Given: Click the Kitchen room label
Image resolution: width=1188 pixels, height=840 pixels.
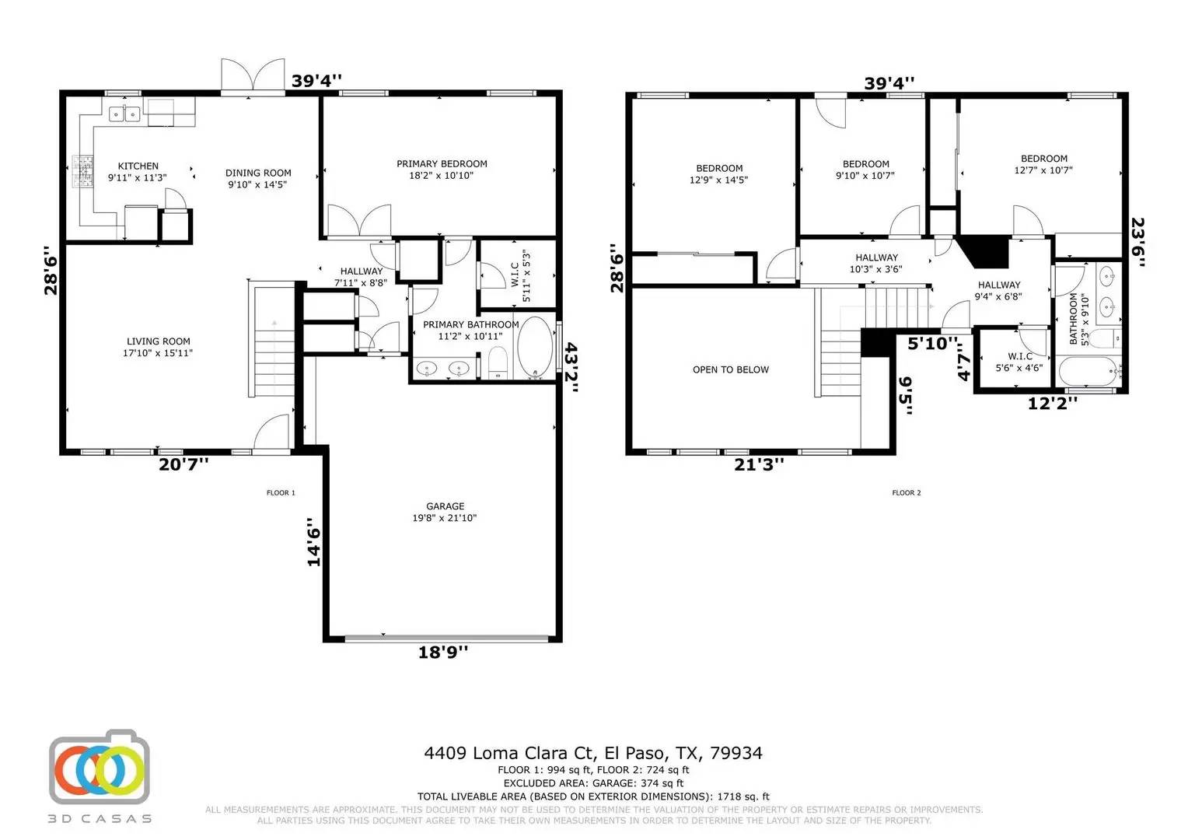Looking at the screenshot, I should (x=138, y=171).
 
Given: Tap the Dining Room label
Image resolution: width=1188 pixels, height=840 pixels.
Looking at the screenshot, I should (x=258, y=178).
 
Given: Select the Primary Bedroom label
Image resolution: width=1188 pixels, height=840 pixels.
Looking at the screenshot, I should (x=442, y=169).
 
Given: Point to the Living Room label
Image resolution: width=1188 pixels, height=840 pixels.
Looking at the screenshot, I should (x=158, y=347).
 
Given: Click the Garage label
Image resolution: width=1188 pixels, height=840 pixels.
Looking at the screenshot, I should (x=445, y=512).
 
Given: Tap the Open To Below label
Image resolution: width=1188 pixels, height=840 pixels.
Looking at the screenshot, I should (x=730, y=369).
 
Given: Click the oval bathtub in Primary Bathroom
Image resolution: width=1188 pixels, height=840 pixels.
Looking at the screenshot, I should (x=534, y=347).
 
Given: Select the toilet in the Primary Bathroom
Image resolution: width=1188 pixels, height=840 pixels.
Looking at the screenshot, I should (x=498, y=362).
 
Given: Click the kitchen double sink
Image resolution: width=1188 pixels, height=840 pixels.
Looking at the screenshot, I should (x=124, y=114).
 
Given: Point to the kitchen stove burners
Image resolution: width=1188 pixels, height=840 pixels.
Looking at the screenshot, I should (x=82, y=172).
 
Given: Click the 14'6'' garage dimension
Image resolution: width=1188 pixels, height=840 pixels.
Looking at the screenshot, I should (x=313, y=542).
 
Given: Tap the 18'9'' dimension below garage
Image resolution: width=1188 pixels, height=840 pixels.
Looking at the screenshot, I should (x=443, y=653).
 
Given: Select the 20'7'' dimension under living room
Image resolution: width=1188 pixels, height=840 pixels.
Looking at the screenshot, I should (x=183, y=464).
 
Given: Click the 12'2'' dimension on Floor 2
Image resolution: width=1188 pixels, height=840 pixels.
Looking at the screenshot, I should (x=1053, y=403).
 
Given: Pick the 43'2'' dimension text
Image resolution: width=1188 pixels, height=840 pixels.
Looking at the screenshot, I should (x=571, y=369).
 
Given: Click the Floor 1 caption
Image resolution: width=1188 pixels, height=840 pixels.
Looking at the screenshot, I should (x=281, y=492).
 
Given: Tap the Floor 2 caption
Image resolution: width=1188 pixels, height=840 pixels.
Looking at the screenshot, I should (x=906, y=492).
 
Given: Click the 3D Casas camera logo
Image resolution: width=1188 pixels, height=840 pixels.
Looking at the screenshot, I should (x=100, y=768).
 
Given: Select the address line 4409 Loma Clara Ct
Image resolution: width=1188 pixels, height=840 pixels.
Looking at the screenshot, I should (x=592, y=753).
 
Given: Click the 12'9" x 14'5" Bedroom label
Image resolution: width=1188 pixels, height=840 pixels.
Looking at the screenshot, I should (x=718, y=173).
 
